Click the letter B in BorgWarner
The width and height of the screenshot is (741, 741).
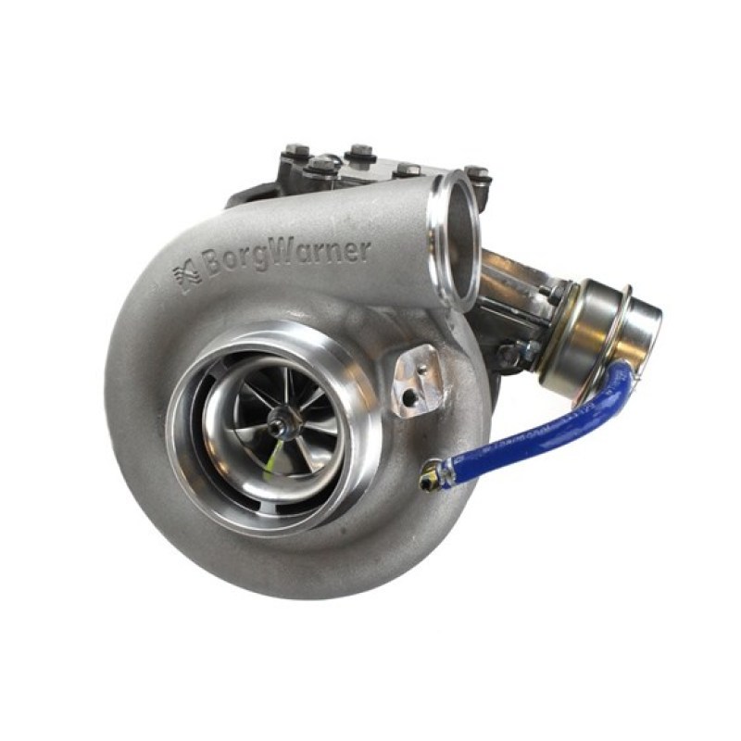click(211, 270)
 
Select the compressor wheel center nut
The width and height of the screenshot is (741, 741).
click(277, 428)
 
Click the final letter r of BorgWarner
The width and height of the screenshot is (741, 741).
click(364, 248)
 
